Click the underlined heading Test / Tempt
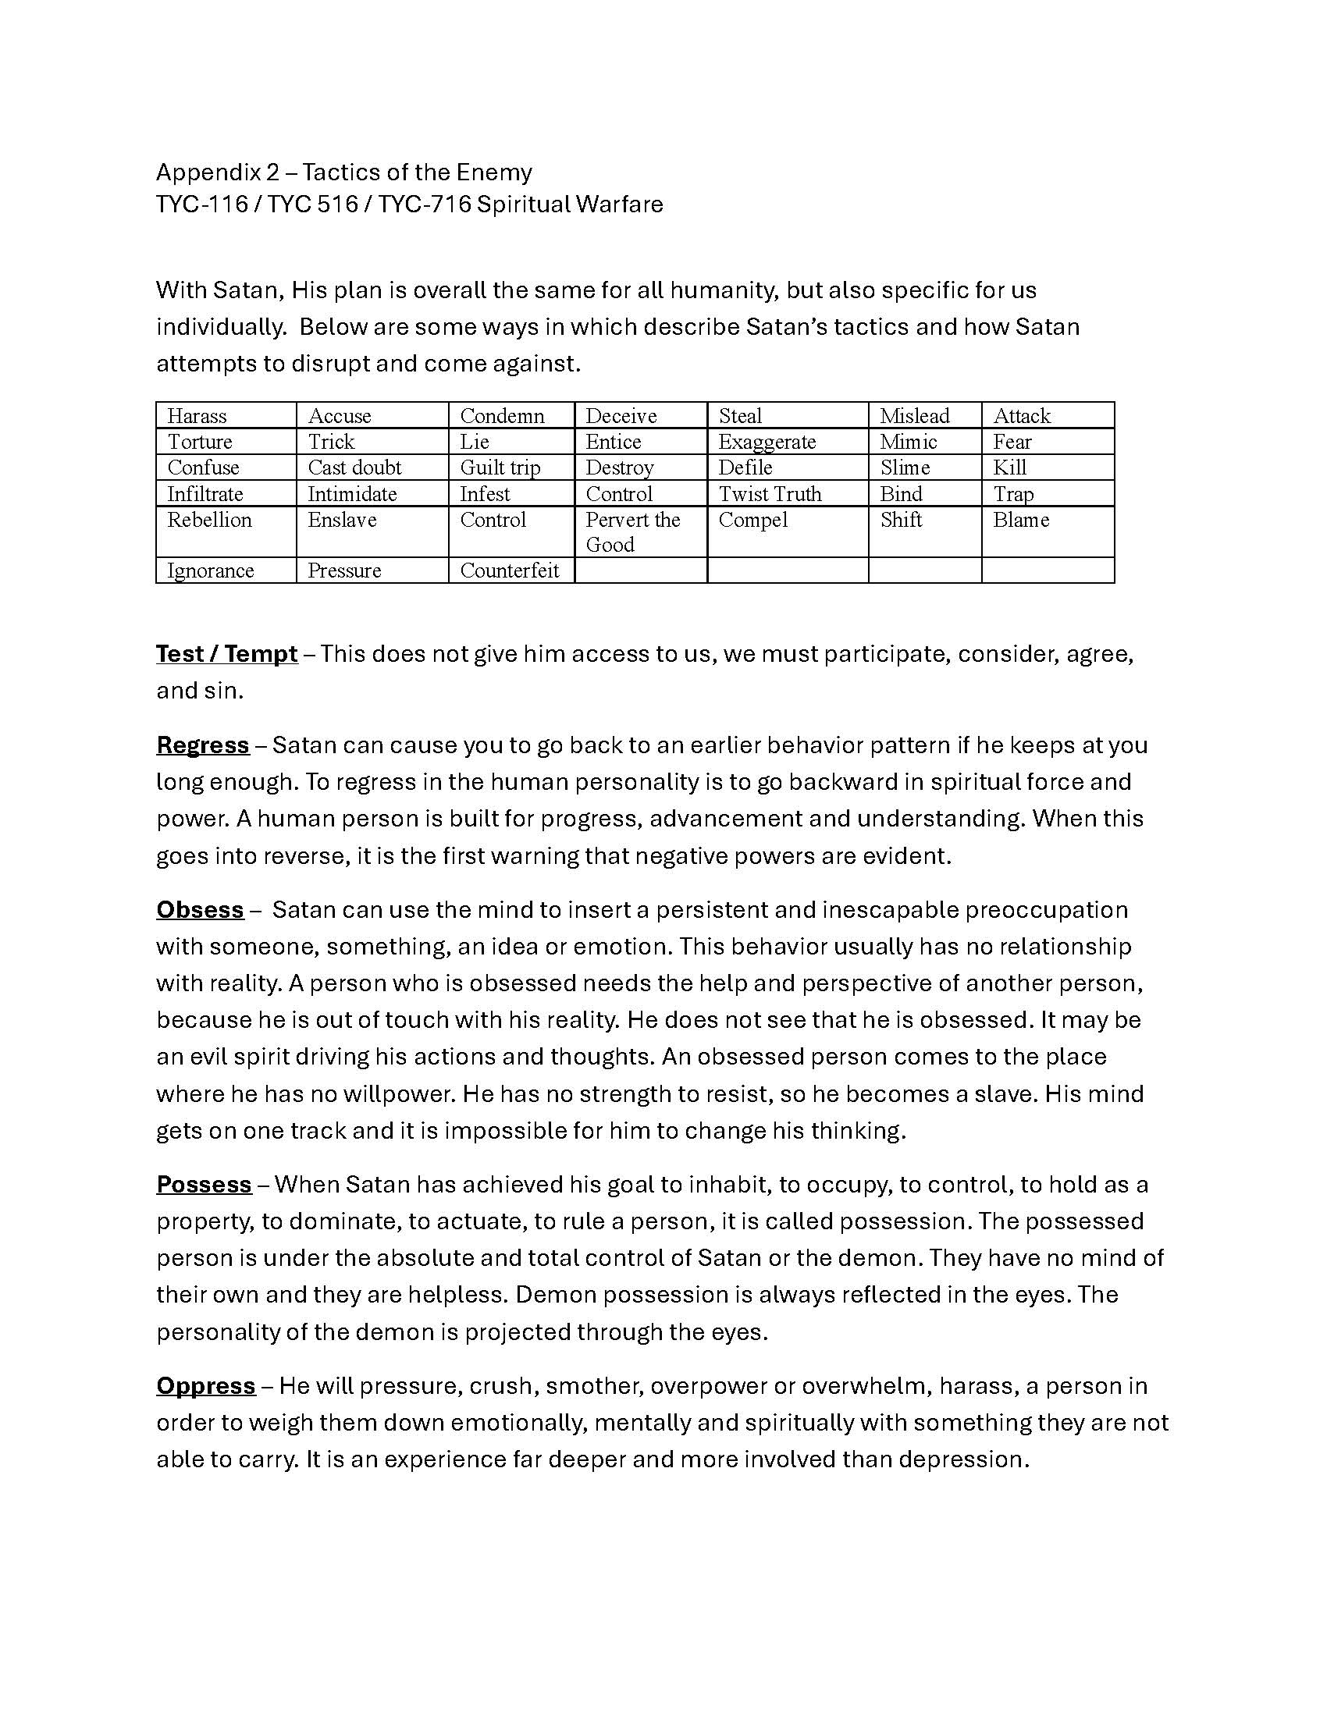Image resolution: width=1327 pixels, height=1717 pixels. click(x=226, y=654)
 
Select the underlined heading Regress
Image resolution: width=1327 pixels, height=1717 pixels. click(x=203, y=745)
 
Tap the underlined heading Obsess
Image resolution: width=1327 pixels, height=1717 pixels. click(x=200, y=909)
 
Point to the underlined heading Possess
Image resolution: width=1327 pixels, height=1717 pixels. click(x=204, y=1184)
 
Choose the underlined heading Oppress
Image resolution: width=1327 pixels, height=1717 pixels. click(x=206, y=1385)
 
